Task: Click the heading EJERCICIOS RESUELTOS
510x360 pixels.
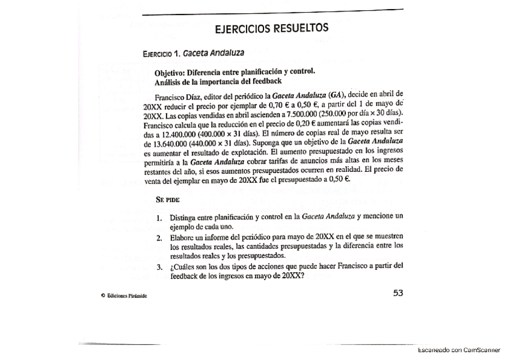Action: pos(271,29)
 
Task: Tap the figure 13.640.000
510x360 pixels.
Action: pos(176,145)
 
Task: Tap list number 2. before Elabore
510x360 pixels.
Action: pos(161,237)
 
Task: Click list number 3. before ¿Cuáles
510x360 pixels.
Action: pos(161,267)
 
